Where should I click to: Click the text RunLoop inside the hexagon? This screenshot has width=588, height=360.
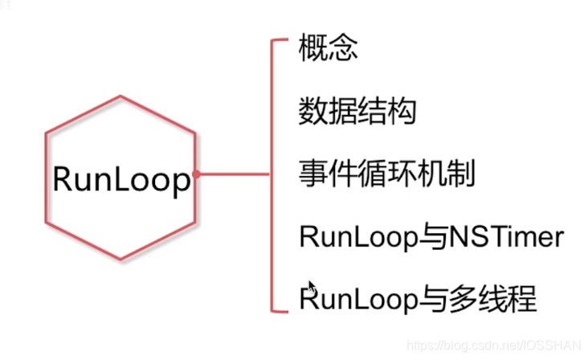coord(121,179)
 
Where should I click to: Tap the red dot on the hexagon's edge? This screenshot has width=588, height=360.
coord(196,173)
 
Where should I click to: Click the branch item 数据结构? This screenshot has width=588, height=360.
coord(357,112)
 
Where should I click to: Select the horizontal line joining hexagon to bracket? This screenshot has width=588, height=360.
coord(233,173)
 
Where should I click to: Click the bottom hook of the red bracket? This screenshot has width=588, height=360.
coord(280,309)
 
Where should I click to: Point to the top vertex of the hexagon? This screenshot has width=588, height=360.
coord(121,97)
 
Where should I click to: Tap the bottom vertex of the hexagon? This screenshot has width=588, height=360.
coord(121,259)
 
